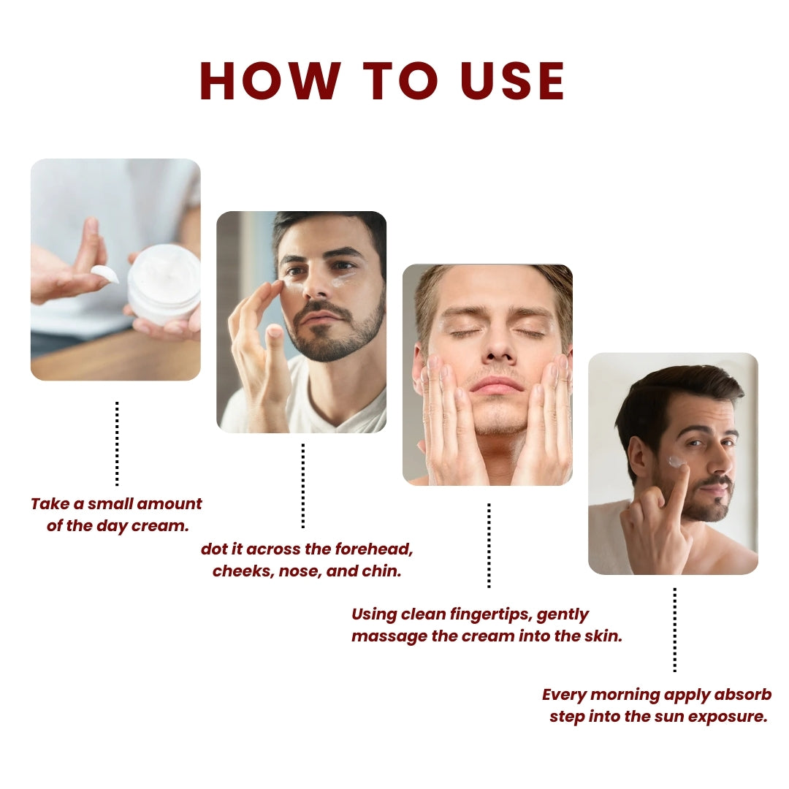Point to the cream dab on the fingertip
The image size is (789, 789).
tap(104, 273)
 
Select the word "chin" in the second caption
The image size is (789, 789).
tap(381, 571)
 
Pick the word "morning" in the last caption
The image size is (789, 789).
tap(622, 694)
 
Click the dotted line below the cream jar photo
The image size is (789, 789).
tap(117, 443)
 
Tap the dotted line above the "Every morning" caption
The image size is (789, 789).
tap(674, 630)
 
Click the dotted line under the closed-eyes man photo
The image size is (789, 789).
tap(489, 545)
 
